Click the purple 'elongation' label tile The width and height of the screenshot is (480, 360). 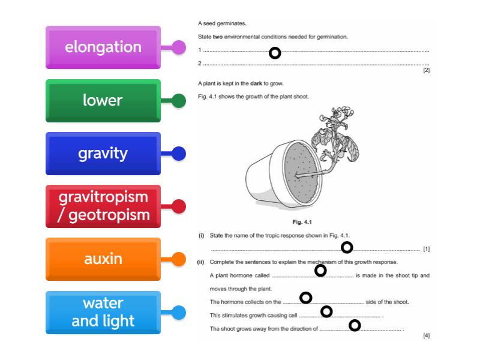tap(103, 47)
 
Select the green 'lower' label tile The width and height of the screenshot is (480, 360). tap(103, 100)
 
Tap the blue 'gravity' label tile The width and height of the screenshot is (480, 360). tap(103, 154)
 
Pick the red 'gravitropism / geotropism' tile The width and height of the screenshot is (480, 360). tap(103, 206)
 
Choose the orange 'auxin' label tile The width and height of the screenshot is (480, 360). tap(103, 259)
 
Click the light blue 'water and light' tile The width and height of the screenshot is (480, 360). tap(103, 312)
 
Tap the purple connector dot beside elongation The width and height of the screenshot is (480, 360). tap(179, 48)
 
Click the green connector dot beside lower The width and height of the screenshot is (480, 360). tap(179, 101)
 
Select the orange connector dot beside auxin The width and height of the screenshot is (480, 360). tap(179, 260)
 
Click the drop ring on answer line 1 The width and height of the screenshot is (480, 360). tap(275, 53)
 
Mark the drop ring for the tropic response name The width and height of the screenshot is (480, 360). tap(347, 247)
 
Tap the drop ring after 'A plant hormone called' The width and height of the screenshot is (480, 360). tap(320, 271)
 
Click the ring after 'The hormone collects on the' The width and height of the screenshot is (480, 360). tap(306, 298)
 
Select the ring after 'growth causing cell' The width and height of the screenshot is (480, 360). tap(326, 311)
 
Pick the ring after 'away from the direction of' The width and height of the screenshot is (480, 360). tap(355, 325)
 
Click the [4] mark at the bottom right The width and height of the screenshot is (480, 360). tap(426, 335)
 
